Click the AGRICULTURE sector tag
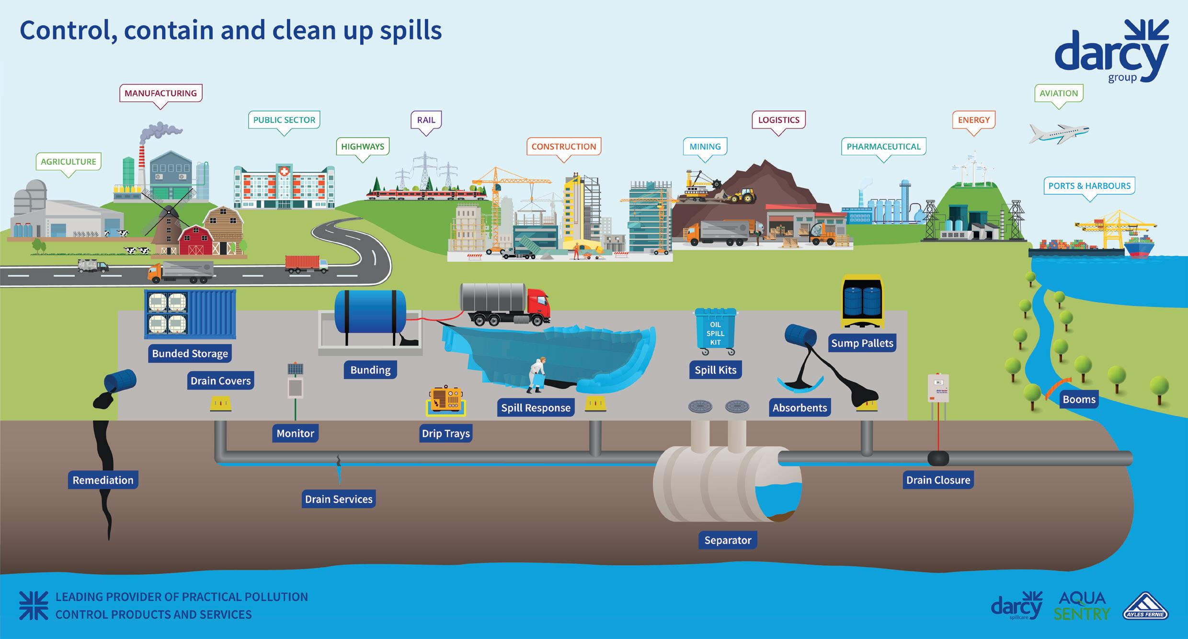[68, 162]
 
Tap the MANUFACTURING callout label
[160, 93]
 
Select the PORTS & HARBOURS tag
[1089, 186]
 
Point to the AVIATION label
[1059, 93]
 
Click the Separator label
[728, 540]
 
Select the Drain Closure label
[938, 480]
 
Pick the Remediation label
[103, 480]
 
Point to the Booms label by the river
[1079, 400]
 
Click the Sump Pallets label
[862, 343]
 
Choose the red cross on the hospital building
[284, 171]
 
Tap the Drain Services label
[339, 500]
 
